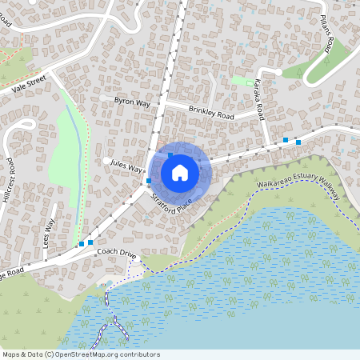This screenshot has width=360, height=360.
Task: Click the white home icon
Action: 180,173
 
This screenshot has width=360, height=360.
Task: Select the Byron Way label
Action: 133,103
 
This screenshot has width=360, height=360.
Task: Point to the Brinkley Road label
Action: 211,113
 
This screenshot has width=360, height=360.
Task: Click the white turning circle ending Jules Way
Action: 106,161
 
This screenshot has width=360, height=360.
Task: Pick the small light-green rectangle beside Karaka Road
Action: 239,80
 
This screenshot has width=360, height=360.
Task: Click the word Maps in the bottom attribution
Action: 11,354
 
